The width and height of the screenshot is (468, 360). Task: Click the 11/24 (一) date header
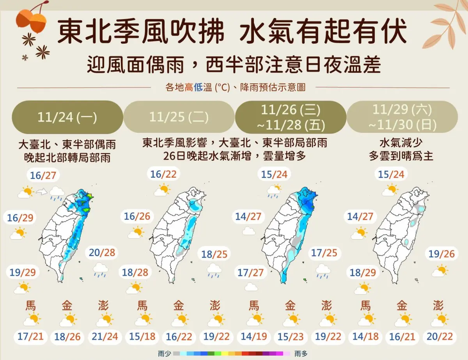67,117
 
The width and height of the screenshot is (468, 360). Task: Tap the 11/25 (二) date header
179,117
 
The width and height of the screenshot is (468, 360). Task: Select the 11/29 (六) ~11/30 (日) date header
402,117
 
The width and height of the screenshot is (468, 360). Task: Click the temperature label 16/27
43,175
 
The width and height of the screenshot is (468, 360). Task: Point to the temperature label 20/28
102,252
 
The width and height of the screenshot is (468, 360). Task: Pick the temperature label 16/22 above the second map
164,174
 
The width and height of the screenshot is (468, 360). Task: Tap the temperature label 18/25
214,255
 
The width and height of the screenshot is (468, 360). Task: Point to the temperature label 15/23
290,336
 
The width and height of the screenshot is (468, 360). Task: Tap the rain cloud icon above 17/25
323,271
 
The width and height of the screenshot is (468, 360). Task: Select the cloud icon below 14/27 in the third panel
248,231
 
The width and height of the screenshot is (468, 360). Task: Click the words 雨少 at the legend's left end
163,353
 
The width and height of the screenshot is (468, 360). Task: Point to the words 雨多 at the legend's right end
301,353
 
